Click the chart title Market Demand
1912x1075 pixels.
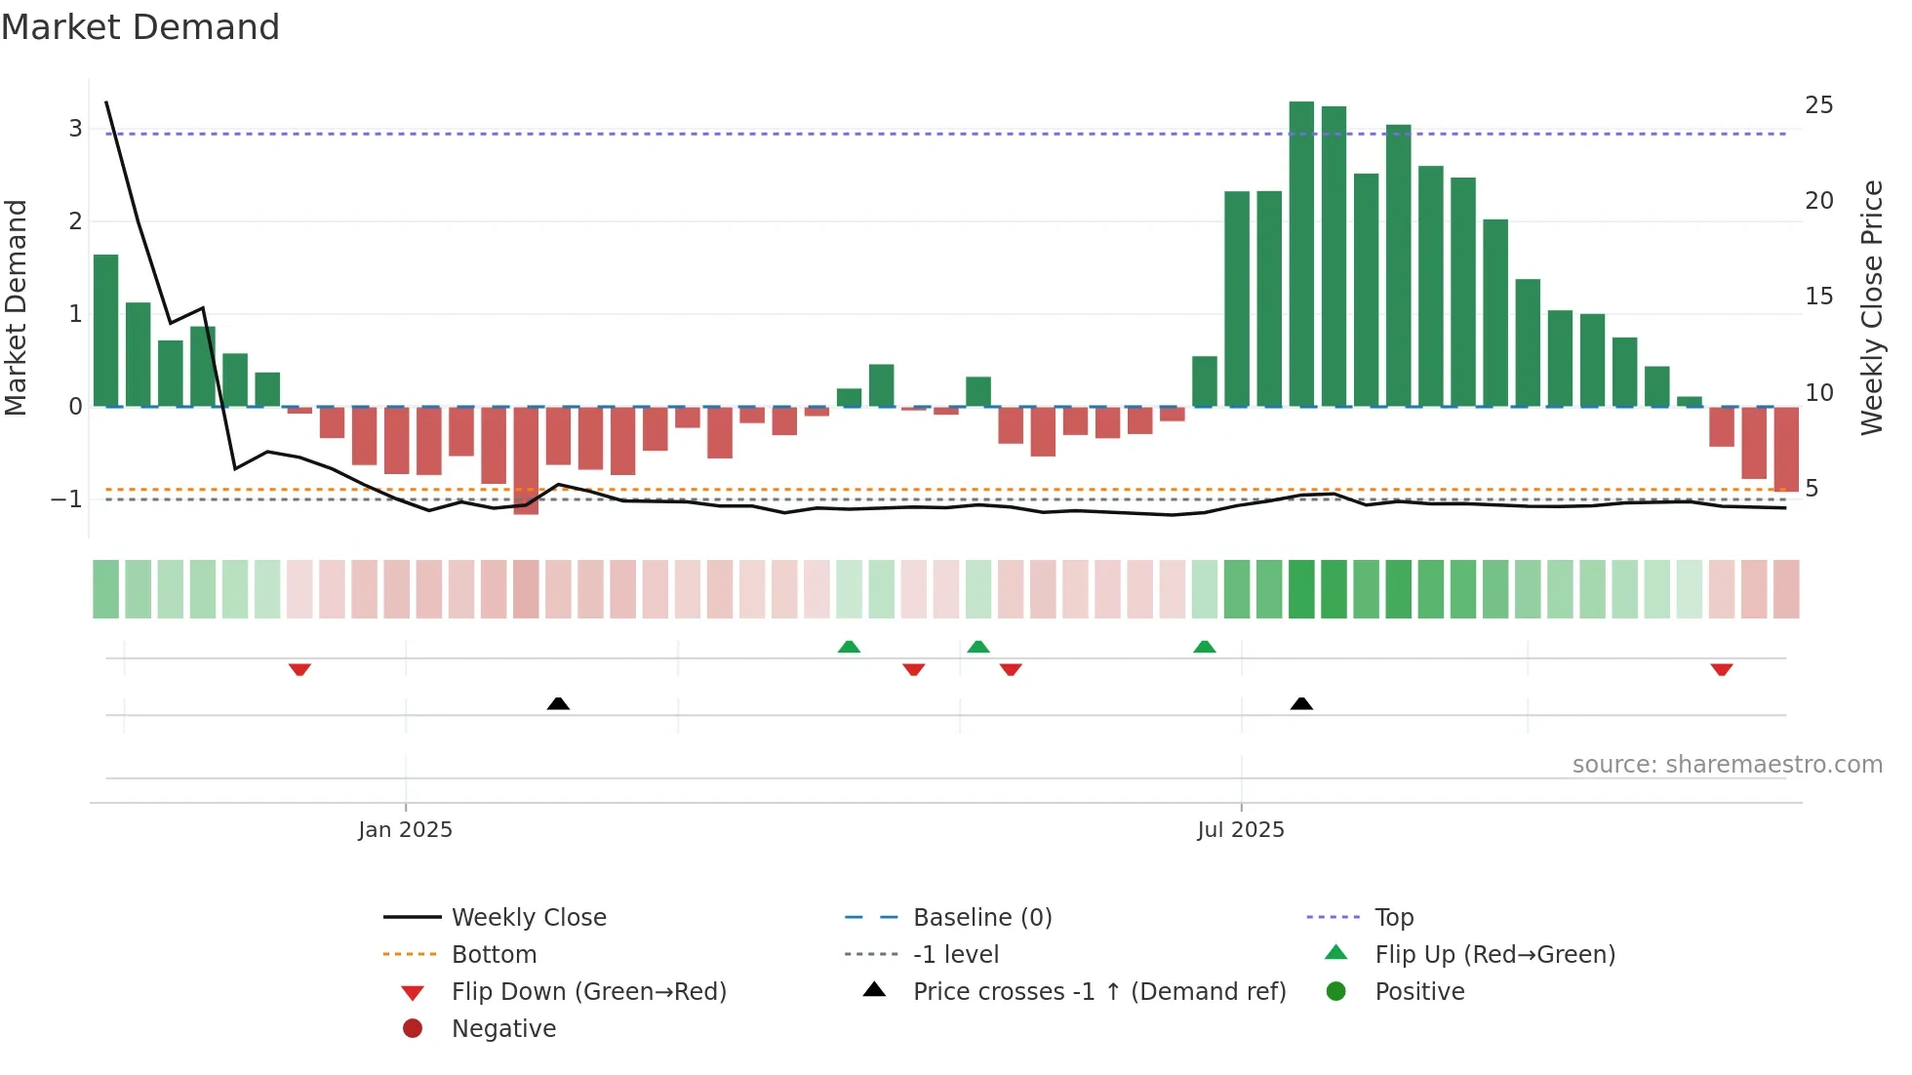click(x=140, y=27)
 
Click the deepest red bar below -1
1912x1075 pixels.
click(x=526, y=460)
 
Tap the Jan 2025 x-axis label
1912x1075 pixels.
click(x=405, y=830)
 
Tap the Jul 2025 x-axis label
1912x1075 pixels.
click(x=1241, y=830)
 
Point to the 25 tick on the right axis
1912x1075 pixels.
click(x=1818, y=105)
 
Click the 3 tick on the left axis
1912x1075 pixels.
click(x=75, y=129)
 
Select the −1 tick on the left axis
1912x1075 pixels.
click(x=66, y=499)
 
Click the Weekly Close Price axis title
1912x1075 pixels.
click(x=1871, y=307)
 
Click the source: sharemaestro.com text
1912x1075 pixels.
click(x=1727, y=765)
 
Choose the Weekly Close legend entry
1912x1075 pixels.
click(x=528, y=918)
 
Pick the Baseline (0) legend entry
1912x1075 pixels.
click(x=981, y=918)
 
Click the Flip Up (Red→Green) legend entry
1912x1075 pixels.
click(x=1494, y=955)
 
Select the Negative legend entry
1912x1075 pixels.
click(x=503, y=1029)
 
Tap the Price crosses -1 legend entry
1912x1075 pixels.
click(x=1098, y=992)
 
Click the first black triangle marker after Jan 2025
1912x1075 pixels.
click(x=558, y=703)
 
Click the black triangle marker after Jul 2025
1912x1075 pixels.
click(x=1301, y=703)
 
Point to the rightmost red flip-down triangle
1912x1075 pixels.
click(x=1721, y=669)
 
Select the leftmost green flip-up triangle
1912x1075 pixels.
click(x=849, y=647)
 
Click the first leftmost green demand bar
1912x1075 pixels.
click(x=106, y=331)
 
